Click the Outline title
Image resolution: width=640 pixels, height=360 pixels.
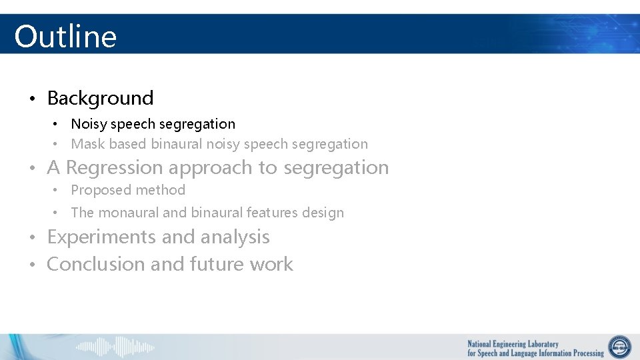pyautogui.click(x=65, y=36)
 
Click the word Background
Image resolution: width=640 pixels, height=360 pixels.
pyautogui.click(x=100, y=98)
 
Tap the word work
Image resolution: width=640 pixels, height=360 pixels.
pyautogui.click(x=271, y=264)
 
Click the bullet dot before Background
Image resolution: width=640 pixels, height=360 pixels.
pyautogui.click(x=32, y=99)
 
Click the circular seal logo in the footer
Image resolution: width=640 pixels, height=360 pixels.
pyautogui.click(x=619, y=347)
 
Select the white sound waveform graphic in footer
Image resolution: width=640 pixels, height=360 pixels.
pyautogui.click(x=115, y=347)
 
